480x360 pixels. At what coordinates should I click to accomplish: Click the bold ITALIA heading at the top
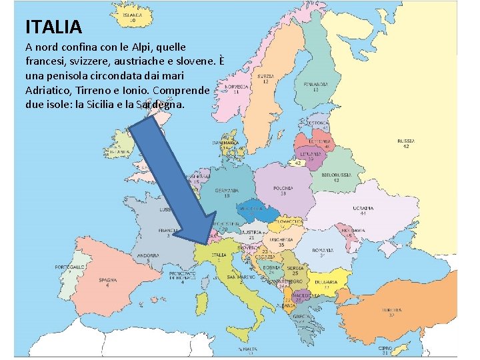pyautogui.click(x=53, y=27)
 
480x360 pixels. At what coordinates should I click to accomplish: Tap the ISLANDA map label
pyautogui.click(x=132, y=15)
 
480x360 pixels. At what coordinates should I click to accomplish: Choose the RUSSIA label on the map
pyautogui.click(x=406, y=141)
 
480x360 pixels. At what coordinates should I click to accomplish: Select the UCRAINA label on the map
pyautogui.click(x=363, y=208)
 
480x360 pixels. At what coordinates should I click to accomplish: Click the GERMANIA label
pyautogui.click(x=227, y=190)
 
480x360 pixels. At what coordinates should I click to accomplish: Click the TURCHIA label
pyautogui.click(x=391, y=310)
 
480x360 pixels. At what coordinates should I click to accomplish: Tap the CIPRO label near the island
pyautogui.click(x=385, y=347)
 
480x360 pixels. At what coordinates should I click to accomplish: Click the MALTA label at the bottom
pyautogui.click(x=250, y=348)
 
